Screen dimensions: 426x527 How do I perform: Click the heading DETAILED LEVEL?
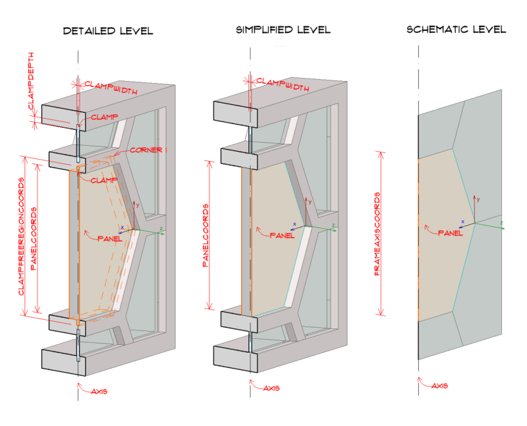[x=108, y=31]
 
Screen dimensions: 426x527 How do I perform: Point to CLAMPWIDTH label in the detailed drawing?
[x=111, y=86]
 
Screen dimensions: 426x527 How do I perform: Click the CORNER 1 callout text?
[x=149, y=150]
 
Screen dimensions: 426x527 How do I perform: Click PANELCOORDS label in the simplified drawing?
[x=205, y=235]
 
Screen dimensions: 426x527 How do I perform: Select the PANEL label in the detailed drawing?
[x=109, y=237]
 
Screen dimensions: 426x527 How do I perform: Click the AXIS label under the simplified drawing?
[x=271, y=388]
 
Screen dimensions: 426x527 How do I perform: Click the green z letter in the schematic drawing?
[x=502, y=223]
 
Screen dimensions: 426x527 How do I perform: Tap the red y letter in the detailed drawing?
[x=136, y=204]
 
